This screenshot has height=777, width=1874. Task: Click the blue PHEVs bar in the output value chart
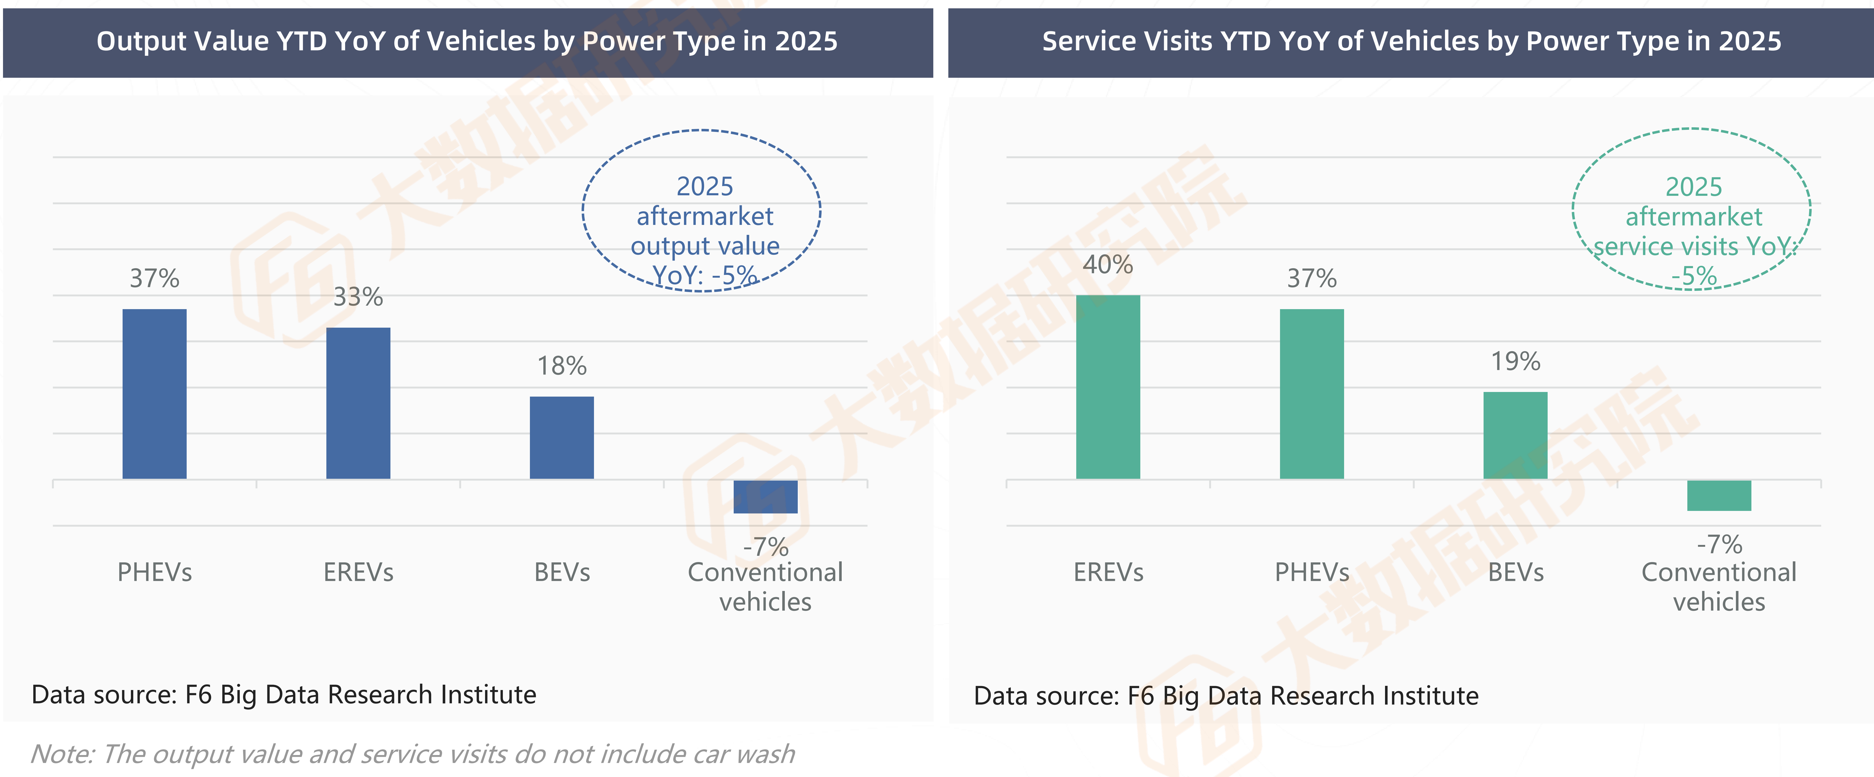[x=154, y=394]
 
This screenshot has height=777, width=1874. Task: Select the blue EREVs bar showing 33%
[x=358, y=403]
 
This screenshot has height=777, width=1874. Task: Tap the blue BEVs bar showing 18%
[x=562, y=437]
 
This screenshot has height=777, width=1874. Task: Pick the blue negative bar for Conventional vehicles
[x=765, y=497]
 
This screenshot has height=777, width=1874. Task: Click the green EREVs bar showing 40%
[x=1108, y=387]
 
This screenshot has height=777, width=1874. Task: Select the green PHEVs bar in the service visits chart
[x=1312, y=394]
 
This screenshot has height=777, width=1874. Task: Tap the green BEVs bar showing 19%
[x=1515, y=435]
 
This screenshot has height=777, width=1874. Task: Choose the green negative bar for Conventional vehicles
[x=1719, y=495]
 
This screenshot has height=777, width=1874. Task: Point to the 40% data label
[x=1108, y=264]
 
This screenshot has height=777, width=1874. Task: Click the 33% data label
[x=358, y=297]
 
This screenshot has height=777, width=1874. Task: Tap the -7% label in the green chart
[x=1719, y=544]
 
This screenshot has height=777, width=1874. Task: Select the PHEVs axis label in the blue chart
[x=154, y=572]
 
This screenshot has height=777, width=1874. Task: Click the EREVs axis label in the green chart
[x=1108, y=572]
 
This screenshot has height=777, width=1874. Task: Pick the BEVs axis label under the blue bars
[x=562, y=572]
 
